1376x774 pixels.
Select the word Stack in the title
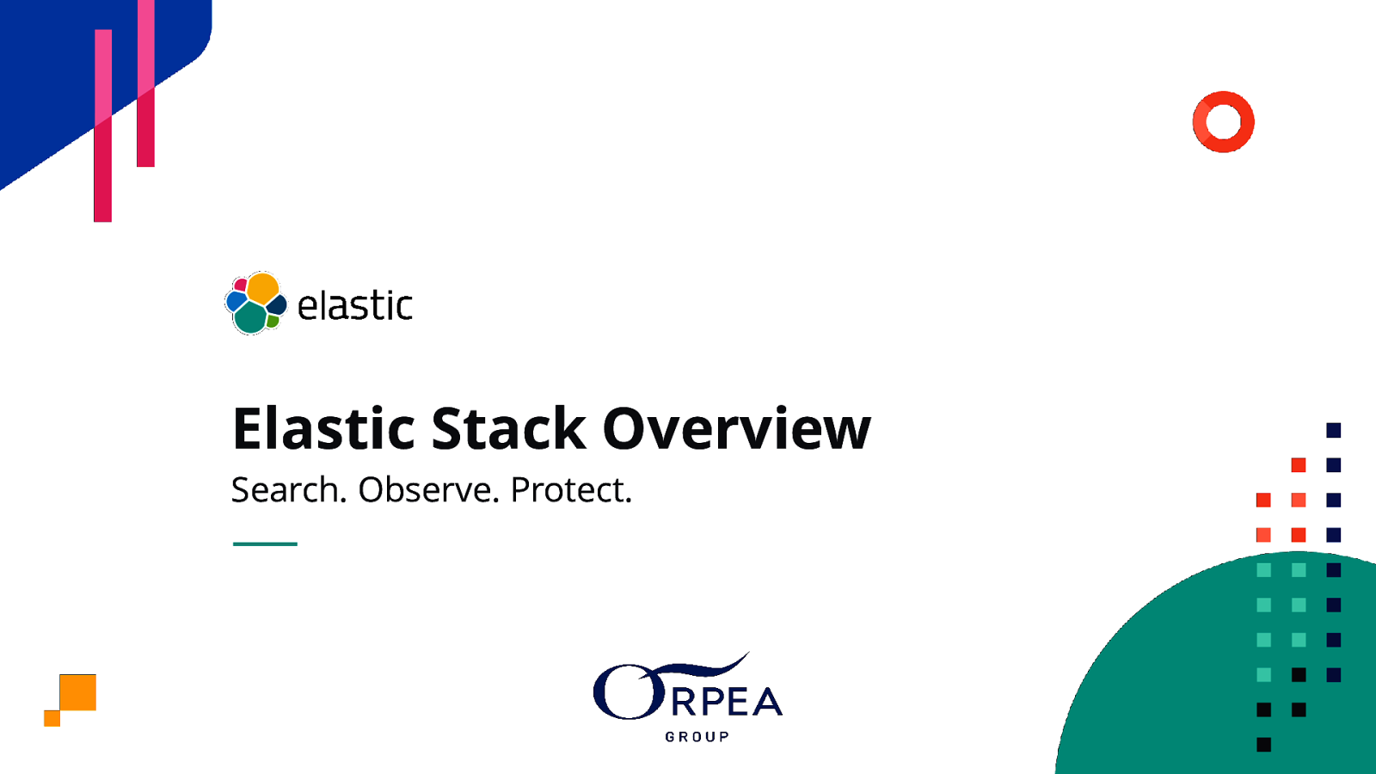pos(508,428)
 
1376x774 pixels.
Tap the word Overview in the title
pos(736,428)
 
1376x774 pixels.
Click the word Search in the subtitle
pos(288,490)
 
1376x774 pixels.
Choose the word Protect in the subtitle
pos(570,490)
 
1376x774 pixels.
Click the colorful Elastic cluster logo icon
pos(255,304)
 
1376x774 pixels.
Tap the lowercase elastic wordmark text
pos(354,306)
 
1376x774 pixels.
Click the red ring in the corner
pos(1223,122)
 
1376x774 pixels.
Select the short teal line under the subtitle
pos(265,544)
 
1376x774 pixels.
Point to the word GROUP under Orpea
pos(697,737)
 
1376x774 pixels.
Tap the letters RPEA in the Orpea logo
pos(727,702)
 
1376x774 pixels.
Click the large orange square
pos(78,692)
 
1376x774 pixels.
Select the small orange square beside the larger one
pos(52,718)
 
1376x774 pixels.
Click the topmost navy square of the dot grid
pos(1333,430)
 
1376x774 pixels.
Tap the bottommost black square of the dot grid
pos(1263,745)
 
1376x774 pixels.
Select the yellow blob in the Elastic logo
pos(263,288)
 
